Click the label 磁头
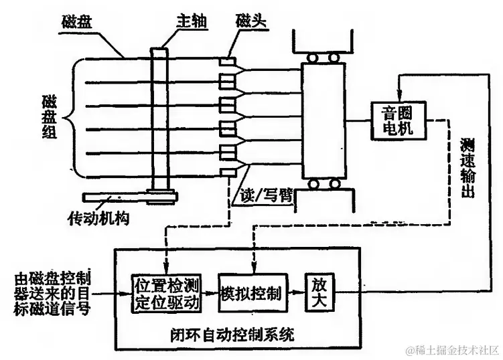[250, 21]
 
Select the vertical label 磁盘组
[46, 116]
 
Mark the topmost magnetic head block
[228, 63]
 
